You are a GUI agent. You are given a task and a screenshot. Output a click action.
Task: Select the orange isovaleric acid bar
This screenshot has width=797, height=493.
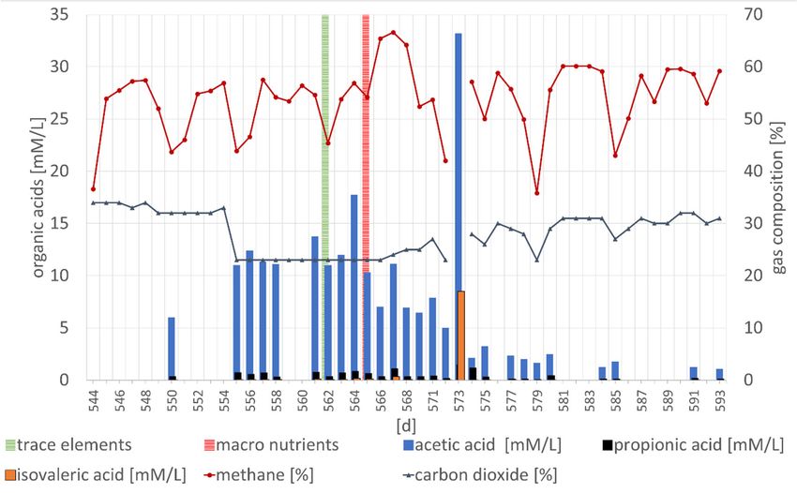coord(461,336)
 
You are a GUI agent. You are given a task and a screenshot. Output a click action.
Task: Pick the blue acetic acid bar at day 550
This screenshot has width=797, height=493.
coord(172,348)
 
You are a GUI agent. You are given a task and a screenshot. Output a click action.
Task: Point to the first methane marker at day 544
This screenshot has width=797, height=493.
coord(93,189)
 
